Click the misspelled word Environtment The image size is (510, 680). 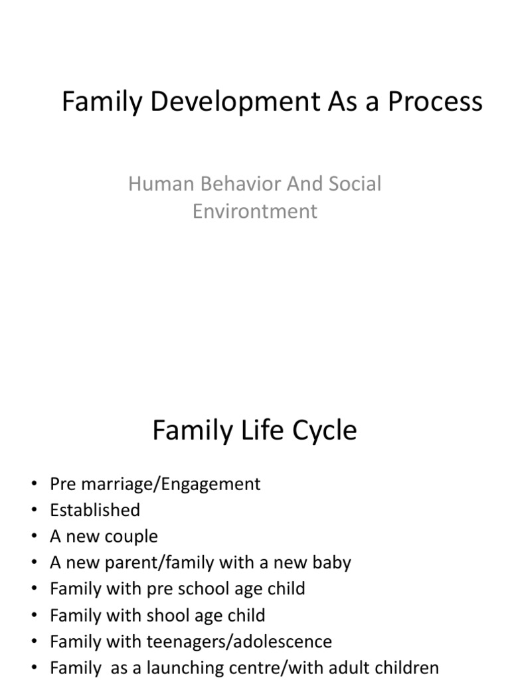[x=255, y=211]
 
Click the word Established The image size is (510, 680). [x=95, y=510]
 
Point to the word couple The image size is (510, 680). [x=130, y=537]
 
